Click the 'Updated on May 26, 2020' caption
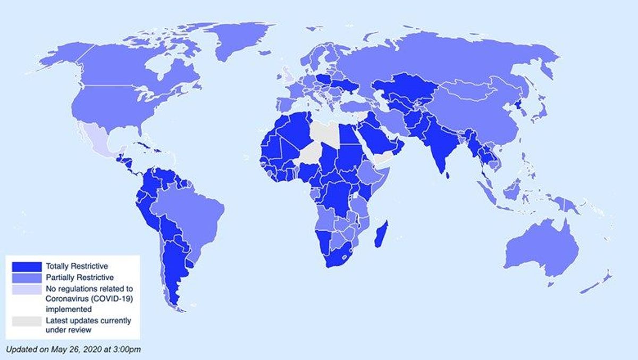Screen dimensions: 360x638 [73, 349]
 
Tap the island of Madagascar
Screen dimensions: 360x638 [382, 235]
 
